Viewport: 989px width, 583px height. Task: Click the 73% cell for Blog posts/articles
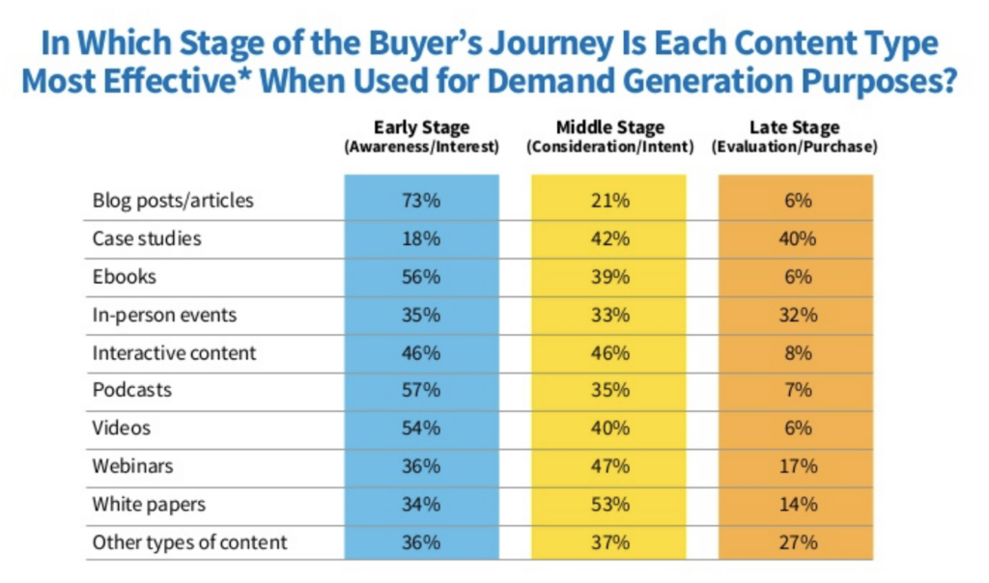[421, 201]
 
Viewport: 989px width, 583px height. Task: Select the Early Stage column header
[421, 127]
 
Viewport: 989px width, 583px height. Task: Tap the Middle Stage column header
[608, 127]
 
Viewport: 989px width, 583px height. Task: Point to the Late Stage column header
[795, 127]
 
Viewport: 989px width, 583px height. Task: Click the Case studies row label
[147, 238]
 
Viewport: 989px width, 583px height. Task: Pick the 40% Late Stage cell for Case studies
[795, 238]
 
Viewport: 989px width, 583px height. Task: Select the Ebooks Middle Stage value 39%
[608, 277]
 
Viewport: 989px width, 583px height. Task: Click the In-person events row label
[164, 315]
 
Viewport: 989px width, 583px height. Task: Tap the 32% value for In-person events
[795, 315]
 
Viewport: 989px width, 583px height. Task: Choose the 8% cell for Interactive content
[795, 352]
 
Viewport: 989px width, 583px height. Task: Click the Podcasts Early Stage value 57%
[421, 391]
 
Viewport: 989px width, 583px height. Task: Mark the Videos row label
[122, 429]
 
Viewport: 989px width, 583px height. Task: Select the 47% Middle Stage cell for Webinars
[608, 466]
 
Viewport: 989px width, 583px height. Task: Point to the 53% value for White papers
[608, 504]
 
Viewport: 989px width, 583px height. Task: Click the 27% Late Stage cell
[795, 542]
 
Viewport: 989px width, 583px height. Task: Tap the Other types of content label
[189, 542]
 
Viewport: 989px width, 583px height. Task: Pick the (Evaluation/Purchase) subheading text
[795, 148]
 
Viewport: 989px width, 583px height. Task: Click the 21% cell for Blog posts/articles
[608, 201]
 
